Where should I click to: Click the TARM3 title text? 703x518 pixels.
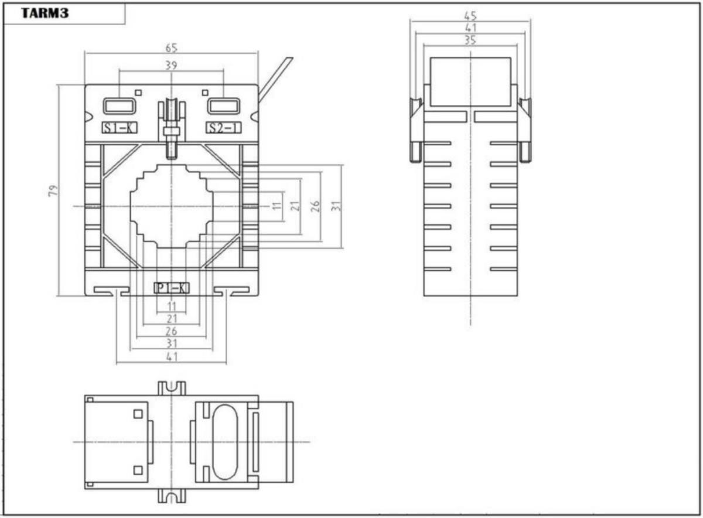[x=45, y=13]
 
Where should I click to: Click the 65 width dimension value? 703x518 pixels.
[x=171, y=47]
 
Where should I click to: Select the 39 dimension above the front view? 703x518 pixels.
[x=171, y=65]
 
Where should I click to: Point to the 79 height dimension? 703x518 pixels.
[x=53, y=190]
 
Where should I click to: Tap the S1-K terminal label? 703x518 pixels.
[x=120, y=128]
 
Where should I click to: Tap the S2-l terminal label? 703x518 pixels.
[x=223, y=128]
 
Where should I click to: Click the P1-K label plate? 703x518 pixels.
[x=171, y=288]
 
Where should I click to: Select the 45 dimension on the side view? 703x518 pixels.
[x=470, y=16]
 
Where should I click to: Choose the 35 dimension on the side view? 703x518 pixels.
[x=470, y=40]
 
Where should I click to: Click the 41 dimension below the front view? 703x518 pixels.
[x=171, y=357]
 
